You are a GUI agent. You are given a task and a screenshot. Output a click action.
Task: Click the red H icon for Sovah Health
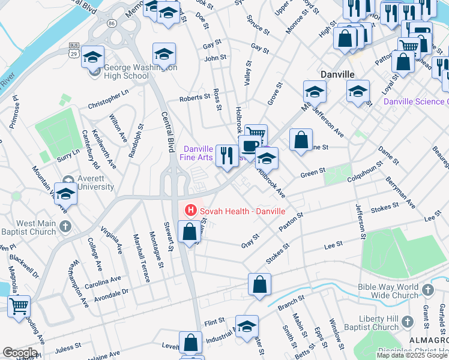(191, 210)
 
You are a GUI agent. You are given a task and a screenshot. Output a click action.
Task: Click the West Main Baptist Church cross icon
(65, 226)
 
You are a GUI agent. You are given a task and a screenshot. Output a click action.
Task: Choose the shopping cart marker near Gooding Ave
(19, 306)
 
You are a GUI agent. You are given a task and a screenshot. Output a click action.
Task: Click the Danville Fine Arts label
(198, 153)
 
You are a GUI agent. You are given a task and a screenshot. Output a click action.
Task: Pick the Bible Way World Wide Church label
(387, 291)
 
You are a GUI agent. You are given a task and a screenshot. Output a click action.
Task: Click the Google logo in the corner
(20, 353)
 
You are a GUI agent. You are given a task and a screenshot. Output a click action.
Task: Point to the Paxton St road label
(291, 222)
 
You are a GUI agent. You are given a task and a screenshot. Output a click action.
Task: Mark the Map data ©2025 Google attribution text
(412, 355)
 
